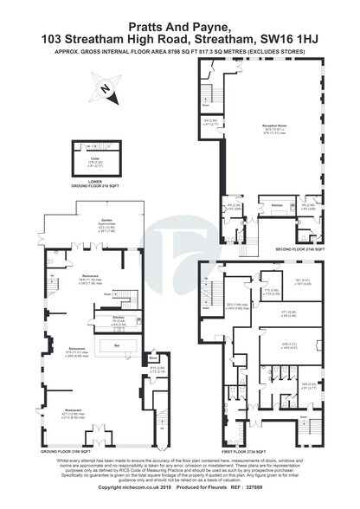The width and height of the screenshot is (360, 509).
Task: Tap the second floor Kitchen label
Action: coord(277,205)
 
